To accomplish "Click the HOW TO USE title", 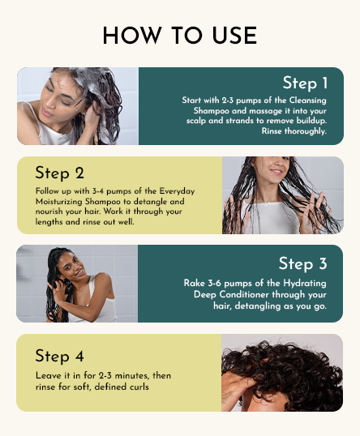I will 179,36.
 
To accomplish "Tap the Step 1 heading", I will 305,83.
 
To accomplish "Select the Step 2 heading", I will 59,173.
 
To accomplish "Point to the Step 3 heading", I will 302,263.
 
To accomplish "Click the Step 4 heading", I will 59,356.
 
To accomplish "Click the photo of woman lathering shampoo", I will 78,106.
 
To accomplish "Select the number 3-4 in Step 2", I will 92,190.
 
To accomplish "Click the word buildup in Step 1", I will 309,120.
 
